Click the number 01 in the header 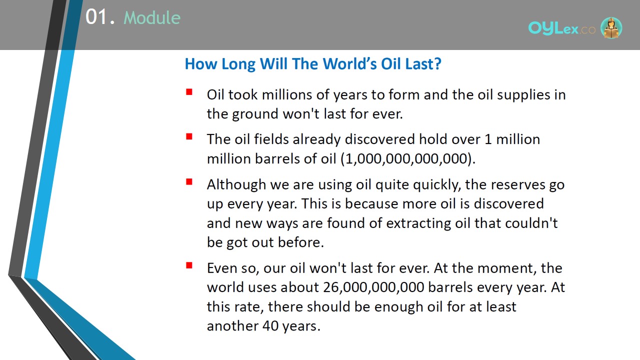tap(96, 17)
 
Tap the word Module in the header tap(152, 17)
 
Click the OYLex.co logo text tap(561, 28)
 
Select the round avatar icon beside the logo tap(611, 27)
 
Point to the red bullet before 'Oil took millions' tap(189, 92)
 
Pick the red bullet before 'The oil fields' tap(189, 136)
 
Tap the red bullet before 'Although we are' tap(189, 181)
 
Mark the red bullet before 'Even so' tap(189, 265)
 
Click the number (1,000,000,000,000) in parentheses tap(408, 158)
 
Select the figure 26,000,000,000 tap(373, 287)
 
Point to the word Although tap(236, 185)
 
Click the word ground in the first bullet tap(255, 114)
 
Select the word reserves tap(518, 185)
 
